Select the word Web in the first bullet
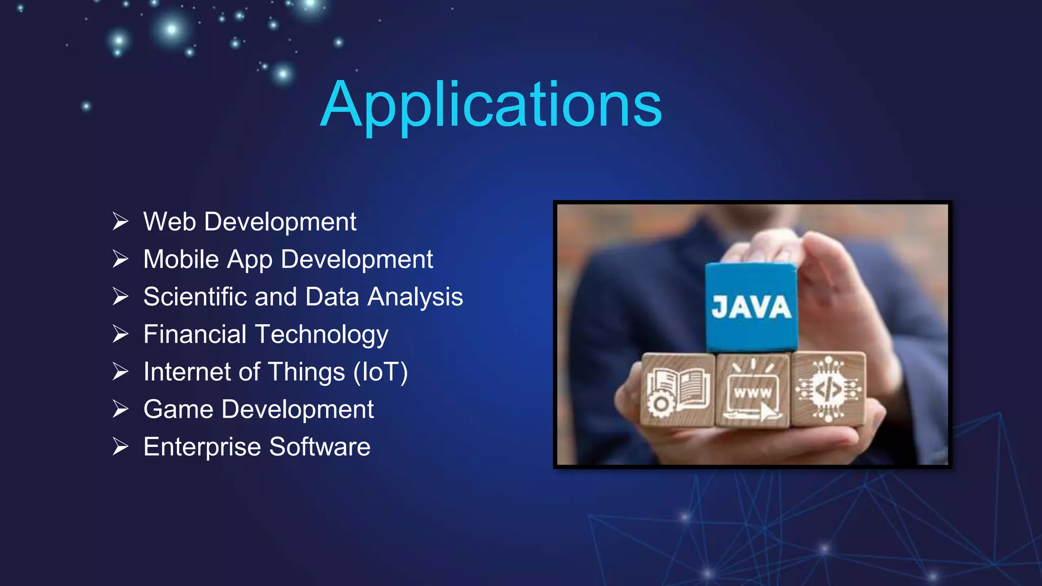tap(169, 222)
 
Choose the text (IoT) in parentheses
tap(381, 372)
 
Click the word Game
tap(178, 409)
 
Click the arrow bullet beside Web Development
tap(121, 222)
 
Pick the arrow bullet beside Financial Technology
tap(121, 334)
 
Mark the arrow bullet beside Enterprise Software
tap(121, 447)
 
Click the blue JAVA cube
tap(751, 307)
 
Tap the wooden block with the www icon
tap(752, 390)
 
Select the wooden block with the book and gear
tap(678, 390)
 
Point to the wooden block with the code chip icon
tap(828, 389)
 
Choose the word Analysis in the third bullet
tap(415, 297)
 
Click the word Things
tap(307, 372)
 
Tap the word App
tap(250, 260)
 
